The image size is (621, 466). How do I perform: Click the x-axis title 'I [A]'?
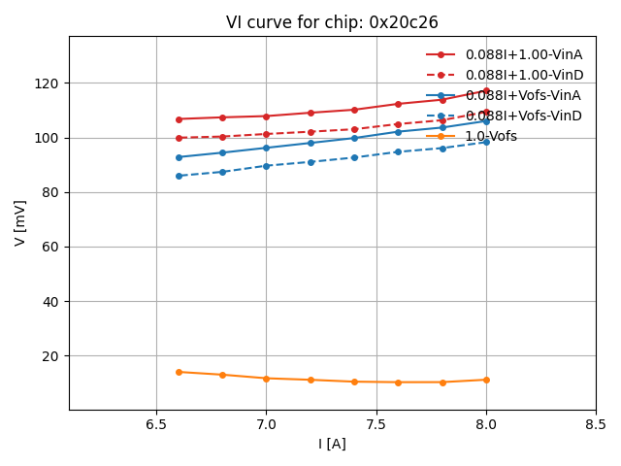(x=332, y=444)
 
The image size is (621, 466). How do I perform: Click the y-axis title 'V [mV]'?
(x=20, y=222)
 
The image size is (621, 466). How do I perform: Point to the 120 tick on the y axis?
(x=49, y=83)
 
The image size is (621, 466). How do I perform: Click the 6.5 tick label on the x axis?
(x=156, y=425)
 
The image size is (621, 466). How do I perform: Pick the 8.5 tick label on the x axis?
(x=596, y=425)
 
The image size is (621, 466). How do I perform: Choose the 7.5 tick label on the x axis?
(x=376, y=425)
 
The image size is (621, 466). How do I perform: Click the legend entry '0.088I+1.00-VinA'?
(x=523, y=54)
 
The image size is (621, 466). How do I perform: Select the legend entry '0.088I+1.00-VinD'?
(x=523, y=75)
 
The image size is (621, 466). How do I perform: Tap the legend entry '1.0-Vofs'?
(x=491, y=136)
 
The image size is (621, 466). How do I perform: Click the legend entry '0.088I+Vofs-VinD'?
(x=523, y=116)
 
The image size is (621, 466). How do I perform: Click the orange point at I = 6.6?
(x=179, y=372)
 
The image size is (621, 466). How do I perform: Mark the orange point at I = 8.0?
(x=486, y=380)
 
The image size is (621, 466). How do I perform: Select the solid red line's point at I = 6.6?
(x=179, y=119)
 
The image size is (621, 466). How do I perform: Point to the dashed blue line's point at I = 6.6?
(x=179, y=176)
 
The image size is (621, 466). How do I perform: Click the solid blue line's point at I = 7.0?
(x=266, y=148)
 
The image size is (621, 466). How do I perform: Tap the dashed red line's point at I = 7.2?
(x=310, y=132)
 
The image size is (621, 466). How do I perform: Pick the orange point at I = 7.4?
(x=354, y=382)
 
